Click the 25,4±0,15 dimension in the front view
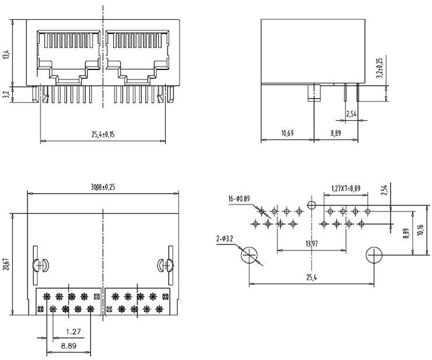(102, 134)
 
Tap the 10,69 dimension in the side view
(287, 134)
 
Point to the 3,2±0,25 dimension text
(379, 68)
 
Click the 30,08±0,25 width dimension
(103, 188)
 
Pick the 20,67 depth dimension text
(6, 264)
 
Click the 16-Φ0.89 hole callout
(239, 199)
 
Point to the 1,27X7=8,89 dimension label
(346, 188)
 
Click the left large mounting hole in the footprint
(250, 255)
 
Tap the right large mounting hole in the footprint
(374, 255)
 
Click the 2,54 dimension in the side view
(351, 114)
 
